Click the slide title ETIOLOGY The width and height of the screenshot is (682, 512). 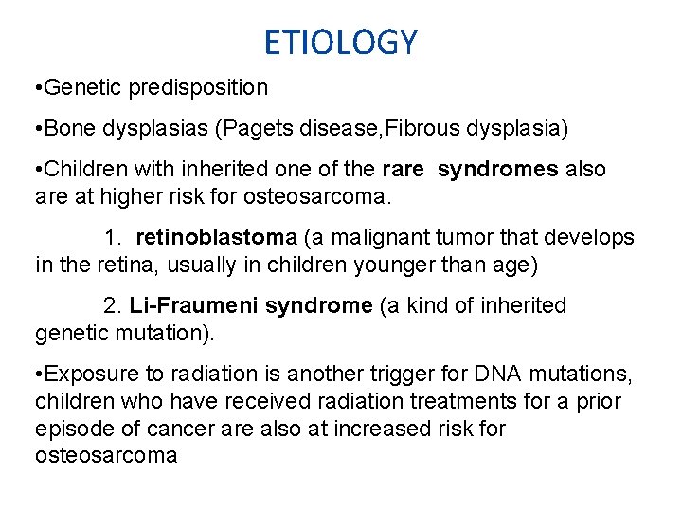pos(340,43)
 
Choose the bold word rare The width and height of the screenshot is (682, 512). pos(403,170)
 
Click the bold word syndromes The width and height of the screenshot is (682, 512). pos(498,170)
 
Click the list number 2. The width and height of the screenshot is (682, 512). pos(112,306)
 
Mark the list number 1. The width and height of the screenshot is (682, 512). pos(112,238)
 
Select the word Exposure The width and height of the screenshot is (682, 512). pos(87,375)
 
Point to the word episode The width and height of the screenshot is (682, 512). pos(72,429)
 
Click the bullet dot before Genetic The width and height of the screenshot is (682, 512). pos(35,88)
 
